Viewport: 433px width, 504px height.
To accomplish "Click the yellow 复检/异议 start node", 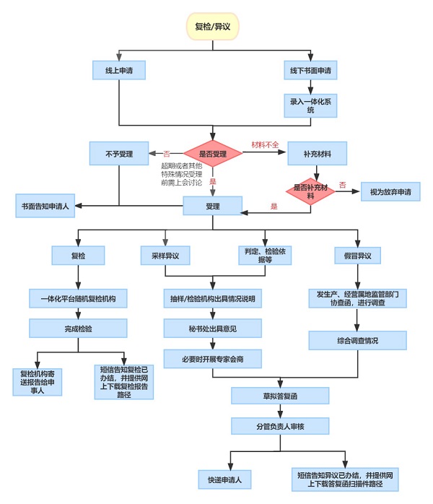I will pos(213,27).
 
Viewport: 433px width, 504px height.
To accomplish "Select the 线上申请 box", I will pos(118,70).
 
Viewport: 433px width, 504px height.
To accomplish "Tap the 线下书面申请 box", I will pos(310,70).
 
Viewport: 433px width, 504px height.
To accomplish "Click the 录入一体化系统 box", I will pos(310,105).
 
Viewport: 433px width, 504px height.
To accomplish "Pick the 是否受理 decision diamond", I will pos(212,153).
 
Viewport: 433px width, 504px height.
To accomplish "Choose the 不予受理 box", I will pos(118,153).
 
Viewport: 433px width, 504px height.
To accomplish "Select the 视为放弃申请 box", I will pos(390,193).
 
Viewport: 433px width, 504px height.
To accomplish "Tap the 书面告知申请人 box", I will pos(45,206).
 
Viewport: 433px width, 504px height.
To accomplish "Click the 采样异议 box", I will pos(165,256).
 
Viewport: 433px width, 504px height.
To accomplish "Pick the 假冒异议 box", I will pos(357,256).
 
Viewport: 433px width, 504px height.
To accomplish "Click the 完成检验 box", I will pos(78,328).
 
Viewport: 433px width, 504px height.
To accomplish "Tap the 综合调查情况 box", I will pos(357,340).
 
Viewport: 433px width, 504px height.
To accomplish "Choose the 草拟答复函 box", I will pos(280,395).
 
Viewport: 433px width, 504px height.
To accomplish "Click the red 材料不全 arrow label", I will pos(265,144).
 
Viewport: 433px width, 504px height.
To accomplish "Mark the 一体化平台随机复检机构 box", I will pos(78,297).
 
